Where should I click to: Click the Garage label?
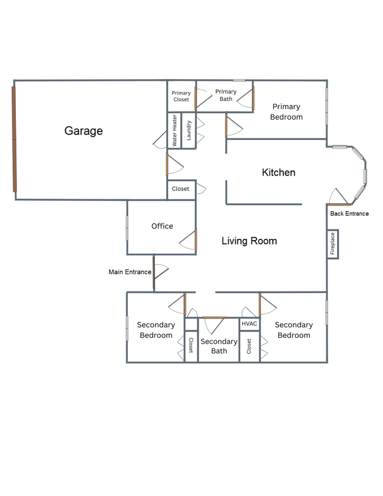[84, 131]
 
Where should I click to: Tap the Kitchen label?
[278, 172]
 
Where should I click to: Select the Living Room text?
[249, 241]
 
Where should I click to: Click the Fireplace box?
[332, 244]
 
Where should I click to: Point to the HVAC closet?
[249, 324]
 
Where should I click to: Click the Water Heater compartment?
[174, 130]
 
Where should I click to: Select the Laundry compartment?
[189, 130]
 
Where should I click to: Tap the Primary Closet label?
[181, 96]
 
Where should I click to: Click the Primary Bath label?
[226, 95]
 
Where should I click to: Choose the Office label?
[162, 226]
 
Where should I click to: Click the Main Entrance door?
[154, 272]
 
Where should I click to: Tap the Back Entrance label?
[349, 213]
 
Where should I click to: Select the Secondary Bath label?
[219, 346]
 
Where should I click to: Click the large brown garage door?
[14, 139]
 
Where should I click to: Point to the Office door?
[196, 240]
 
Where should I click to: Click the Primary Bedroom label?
[286, 111]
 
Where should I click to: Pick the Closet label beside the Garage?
[180, 189]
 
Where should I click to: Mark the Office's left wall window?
[127, 228]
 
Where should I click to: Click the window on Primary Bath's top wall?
[239, 81]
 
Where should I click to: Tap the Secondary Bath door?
[214, 317]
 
